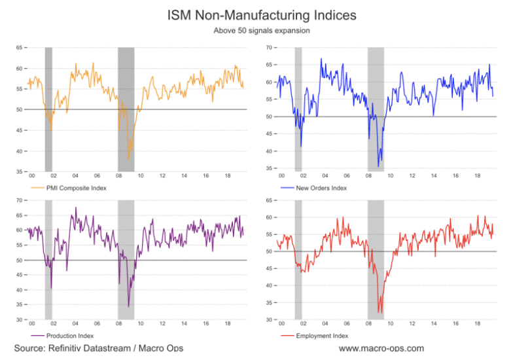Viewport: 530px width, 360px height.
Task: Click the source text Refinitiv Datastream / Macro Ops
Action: point(98,348)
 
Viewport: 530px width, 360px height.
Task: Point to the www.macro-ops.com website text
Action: point(381,348)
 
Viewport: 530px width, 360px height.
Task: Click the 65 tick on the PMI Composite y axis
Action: point(19,48)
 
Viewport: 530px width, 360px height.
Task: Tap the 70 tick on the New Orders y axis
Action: point(269,48)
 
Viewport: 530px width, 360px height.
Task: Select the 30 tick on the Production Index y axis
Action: point(19,320)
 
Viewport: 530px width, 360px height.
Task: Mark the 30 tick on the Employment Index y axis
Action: point(269,320)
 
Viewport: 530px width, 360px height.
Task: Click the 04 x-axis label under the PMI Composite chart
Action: point(75,176)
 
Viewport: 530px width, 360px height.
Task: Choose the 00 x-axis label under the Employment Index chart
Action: point(282,323)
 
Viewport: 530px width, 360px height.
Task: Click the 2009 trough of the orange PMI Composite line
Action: point(129,159)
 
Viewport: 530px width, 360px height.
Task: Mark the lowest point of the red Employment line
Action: point(380,313)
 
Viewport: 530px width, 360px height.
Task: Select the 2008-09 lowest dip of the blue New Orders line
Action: point(378,166)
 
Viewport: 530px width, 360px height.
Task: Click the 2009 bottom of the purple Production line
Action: point(128,306)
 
